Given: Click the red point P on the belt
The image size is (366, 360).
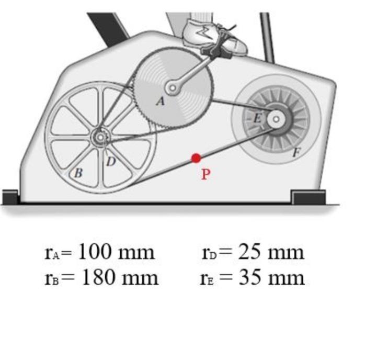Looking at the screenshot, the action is tap(196, 157).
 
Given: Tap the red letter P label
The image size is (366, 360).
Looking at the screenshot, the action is tap(206, 174).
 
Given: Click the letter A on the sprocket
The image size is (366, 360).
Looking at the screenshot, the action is tap(161, 102).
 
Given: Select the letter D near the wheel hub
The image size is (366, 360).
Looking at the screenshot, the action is tap(111, 162).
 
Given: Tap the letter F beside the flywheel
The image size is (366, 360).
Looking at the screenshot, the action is tap(296, 153).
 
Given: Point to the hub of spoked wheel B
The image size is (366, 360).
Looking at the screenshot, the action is tap(99, 138).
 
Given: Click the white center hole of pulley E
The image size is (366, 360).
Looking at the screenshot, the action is tap(274, 120).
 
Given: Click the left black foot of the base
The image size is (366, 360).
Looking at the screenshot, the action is tap(10, 198).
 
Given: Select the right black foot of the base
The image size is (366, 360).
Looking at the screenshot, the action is tap(308, 198).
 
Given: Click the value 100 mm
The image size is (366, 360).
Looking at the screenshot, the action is tap(116, 252).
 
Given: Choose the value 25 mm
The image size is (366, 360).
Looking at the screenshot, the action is tap(271, 252).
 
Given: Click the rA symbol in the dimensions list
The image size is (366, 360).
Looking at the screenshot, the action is tap(53, 253).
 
